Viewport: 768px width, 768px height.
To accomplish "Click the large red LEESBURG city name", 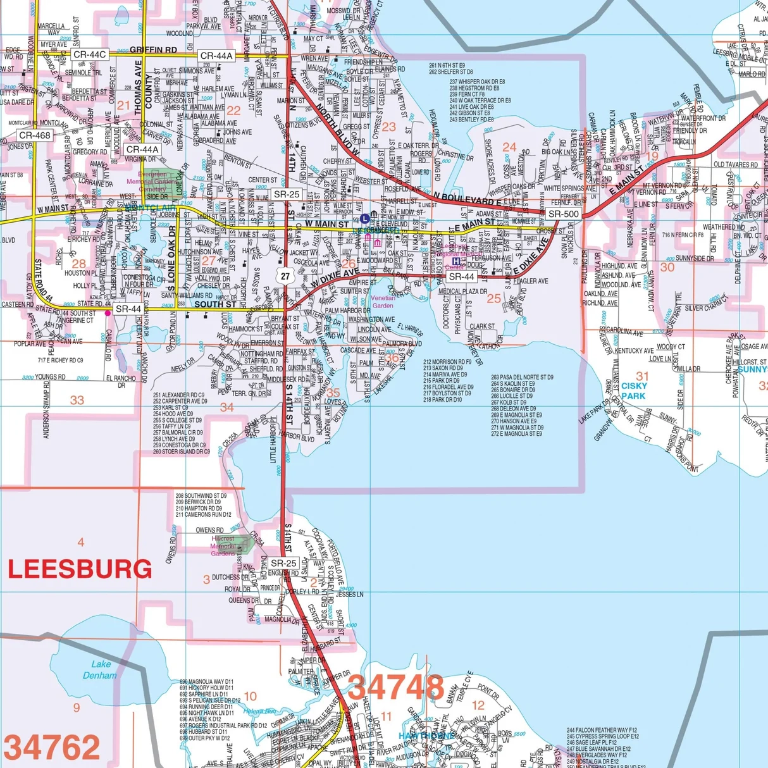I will coord(80,569).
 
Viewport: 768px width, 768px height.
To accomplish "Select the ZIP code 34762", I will coord(52,748).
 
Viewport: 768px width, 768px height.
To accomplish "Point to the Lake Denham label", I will coord(100,669).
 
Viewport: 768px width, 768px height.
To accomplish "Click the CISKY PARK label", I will coord(633,391).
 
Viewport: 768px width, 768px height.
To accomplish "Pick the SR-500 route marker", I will coord(563,214).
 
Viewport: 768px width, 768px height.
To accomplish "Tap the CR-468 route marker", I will coord(35,135).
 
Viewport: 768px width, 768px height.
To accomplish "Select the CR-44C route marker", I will coord(89,55).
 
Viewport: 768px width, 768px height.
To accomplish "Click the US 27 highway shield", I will coord(286,276).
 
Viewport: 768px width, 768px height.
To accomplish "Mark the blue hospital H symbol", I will coord(455,261).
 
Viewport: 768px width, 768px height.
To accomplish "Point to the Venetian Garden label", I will coord(383,302).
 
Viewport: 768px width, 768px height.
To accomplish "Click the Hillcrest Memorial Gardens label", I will coord(223,546).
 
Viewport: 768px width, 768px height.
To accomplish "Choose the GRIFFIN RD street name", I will coord(154,49).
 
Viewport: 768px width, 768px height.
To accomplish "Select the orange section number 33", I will coord(77,400).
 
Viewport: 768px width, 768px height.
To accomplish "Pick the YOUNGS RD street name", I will coord(50,377).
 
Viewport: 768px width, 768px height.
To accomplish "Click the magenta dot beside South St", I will coord(108,313).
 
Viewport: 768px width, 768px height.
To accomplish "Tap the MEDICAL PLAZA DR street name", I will coord(463,292).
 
